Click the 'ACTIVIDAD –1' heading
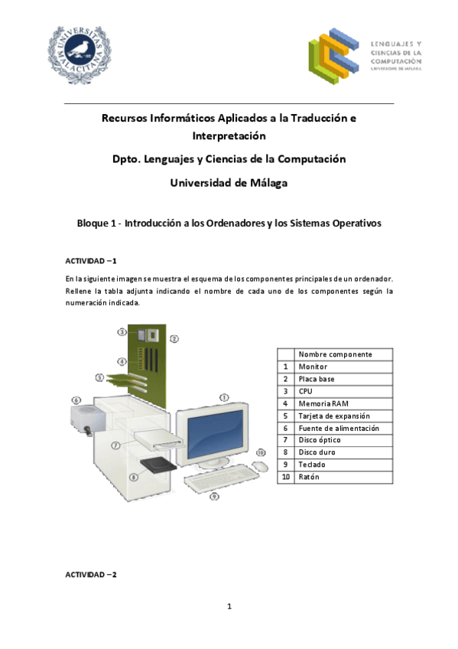point(91,261)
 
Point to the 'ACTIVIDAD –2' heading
point(91,574)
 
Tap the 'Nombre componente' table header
point(335,354)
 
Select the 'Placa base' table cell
point(317,379)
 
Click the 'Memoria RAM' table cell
point(322,403)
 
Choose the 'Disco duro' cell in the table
point(317,452)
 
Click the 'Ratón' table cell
point(309,477)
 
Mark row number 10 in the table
point(284,477)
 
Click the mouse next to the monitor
point(260,465)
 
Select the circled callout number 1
point(224,397)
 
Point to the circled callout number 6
point(76,400)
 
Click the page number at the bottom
point(229,607)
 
